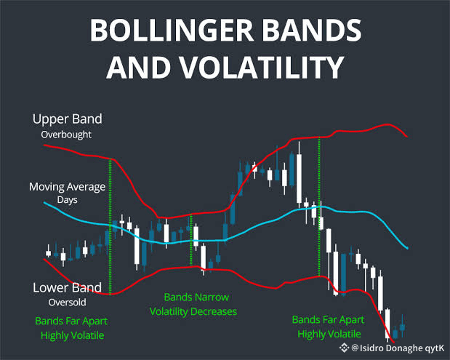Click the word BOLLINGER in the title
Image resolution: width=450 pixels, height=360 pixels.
pyautogui.click(x=172, y=30)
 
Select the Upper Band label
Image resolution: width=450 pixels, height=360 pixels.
pyautogui.click(x=68, y=119)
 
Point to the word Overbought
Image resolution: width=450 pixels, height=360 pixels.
pyautogui.click(x=66, y=135)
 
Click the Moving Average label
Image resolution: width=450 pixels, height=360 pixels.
pyautogui.click(x=67, y=187)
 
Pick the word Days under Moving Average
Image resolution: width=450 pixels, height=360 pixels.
pyautogui.click(x=67, y=200)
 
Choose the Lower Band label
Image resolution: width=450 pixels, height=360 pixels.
pyautogui.click(x=67, y=288)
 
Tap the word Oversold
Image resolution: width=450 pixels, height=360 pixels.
pyautogui.click(x=67, y=303)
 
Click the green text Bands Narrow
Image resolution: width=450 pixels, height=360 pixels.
pyautogui.click(x=196, y=297)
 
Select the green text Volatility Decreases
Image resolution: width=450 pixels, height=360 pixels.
pyautogui.click(x=193, y=312)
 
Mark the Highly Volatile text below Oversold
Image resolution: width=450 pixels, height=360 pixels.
pyautogui.click(x=72, y=335)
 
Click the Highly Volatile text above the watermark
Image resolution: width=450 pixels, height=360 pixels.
pyautogui.click(x=329, y=334)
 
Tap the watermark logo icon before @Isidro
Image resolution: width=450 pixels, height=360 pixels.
pyautogui.click(x=344, y=348)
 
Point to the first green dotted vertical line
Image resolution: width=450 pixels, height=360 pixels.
pyautogui.click(x=111, y=227)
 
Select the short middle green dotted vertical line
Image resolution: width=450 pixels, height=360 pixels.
pyautogui.click(x=191, y=240)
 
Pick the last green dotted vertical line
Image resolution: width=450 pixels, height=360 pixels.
pyautogui.click(x=319, y=207)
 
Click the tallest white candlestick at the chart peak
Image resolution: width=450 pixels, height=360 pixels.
pyautogui.click(x=299, y=179)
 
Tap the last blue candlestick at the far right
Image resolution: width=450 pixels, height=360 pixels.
pyautogui.click(x=402, y=327)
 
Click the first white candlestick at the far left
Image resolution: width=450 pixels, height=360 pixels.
pyautogui.click(x=49, y=253)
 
